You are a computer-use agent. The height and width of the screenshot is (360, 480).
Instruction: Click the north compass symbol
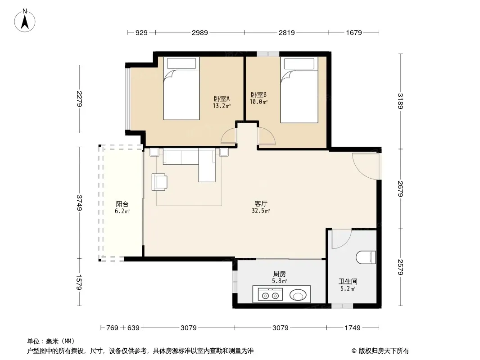(25, 21)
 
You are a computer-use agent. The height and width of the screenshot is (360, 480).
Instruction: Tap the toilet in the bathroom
(366, 257)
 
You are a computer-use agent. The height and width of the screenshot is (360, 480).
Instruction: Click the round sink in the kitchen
(298, 296)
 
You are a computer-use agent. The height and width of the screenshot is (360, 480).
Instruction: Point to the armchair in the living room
(159, 182)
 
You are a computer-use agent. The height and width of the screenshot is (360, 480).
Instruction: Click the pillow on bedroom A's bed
(181, 63)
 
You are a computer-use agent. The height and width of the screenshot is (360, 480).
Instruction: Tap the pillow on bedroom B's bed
(299, 63)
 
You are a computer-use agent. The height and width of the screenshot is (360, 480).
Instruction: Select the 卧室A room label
(222, 99)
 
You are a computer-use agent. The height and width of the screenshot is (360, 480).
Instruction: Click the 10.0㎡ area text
(258, 102)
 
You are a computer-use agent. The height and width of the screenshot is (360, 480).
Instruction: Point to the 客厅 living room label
(261, 203)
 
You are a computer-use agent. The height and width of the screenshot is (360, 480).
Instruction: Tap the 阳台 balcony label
(122, 204)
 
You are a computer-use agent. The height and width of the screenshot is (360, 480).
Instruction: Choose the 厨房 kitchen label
(280, 274)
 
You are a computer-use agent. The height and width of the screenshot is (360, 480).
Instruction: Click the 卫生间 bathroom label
(348, 281)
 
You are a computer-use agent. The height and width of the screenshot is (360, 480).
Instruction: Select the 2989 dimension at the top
(200, 32)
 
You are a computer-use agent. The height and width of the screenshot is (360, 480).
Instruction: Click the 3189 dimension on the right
(400, 101)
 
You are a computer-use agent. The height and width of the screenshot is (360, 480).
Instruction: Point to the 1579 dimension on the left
(79, 282)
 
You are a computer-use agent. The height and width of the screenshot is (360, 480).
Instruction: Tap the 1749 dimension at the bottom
(353, 328)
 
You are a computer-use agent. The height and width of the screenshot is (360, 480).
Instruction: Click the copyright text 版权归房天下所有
(384, 351)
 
